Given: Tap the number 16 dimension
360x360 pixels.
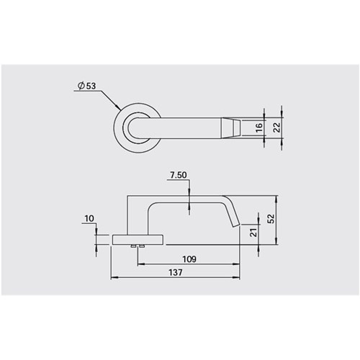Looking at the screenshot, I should (x=258, y=127).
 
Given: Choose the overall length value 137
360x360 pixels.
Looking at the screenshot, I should (x=175, y=272).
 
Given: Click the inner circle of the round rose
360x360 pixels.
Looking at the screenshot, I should (x=133, y=128).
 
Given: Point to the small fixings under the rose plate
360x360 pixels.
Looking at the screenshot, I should (x=138, y=246).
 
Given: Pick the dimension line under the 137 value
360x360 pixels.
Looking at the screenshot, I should (x=175, y=279).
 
